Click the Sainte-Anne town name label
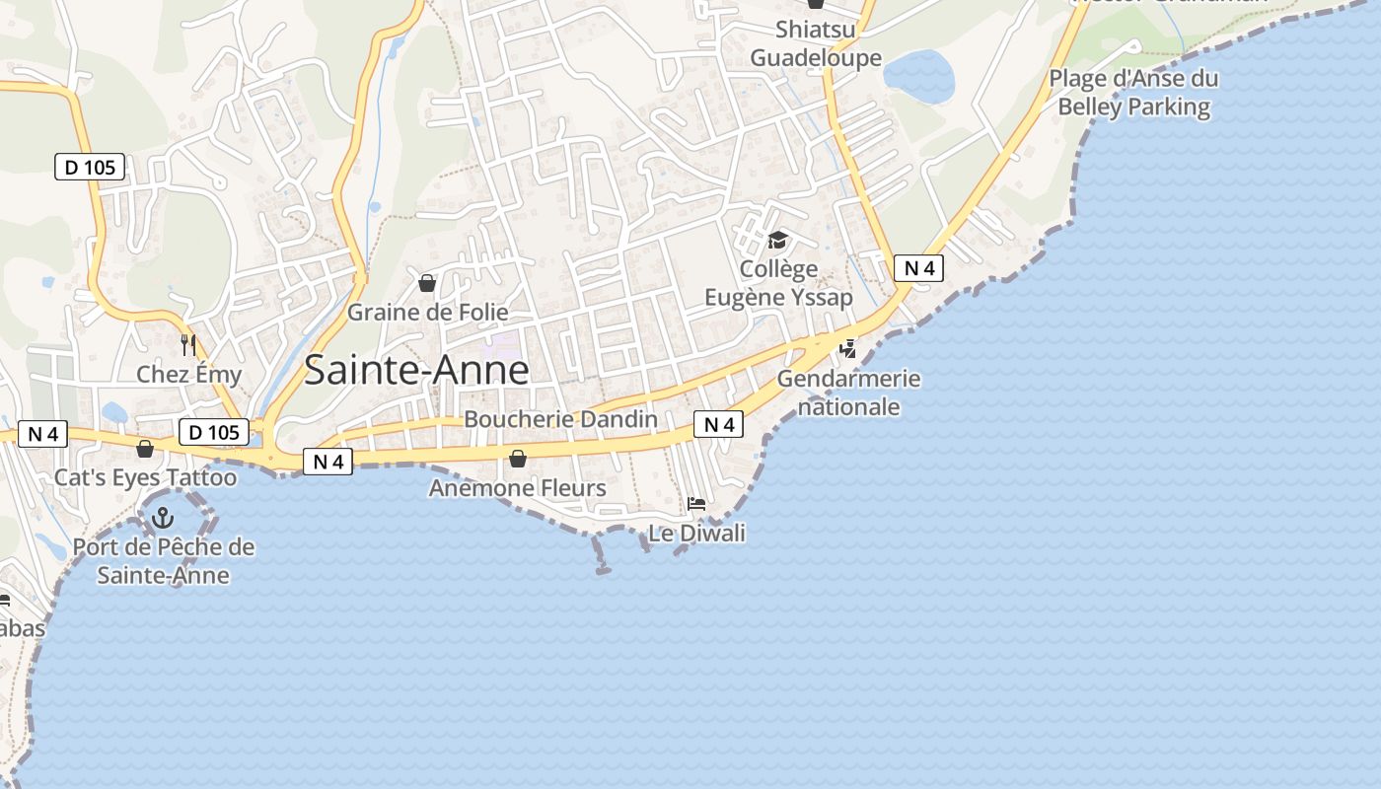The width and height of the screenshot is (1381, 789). [x=416, y=370]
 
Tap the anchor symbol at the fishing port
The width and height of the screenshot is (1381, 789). [x=162, y=517]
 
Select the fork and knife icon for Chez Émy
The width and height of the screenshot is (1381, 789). [x=188, y=345]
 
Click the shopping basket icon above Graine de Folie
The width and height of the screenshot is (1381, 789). [x=427, y=284]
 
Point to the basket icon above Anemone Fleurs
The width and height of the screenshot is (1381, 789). [x=518, y=459]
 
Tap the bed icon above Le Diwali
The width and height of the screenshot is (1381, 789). [x=696, y=504]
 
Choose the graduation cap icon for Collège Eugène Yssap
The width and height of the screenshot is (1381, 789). [x=778, y=240]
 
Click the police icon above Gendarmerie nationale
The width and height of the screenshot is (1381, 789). [x=847, y=348]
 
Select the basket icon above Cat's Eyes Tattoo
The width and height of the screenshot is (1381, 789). [x=145, y=450]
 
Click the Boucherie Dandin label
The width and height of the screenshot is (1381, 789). [x=560, y=419]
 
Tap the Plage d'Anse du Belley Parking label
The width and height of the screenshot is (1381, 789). [x=1133, y=93]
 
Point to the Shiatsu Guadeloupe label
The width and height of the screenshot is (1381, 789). [x=816, y=43]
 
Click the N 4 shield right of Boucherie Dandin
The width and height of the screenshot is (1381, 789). [x=718, y=425]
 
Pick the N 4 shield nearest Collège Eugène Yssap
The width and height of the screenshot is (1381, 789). [x=918, y=267]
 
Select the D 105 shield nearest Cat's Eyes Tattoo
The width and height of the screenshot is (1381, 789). [x=213, y=432]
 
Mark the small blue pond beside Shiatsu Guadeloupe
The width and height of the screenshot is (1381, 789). [x=918, y=76]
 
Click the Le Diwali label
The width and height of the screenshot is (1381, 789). [x=696, y=534]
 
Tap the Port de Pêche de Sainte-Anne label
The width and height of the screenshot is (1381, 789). [x=164, y=561]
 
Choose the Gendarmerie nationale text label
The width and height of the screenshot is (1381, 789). [x=848, y=393]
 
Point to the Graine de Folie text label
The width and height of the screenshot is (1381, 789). [x=428, y=313]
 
